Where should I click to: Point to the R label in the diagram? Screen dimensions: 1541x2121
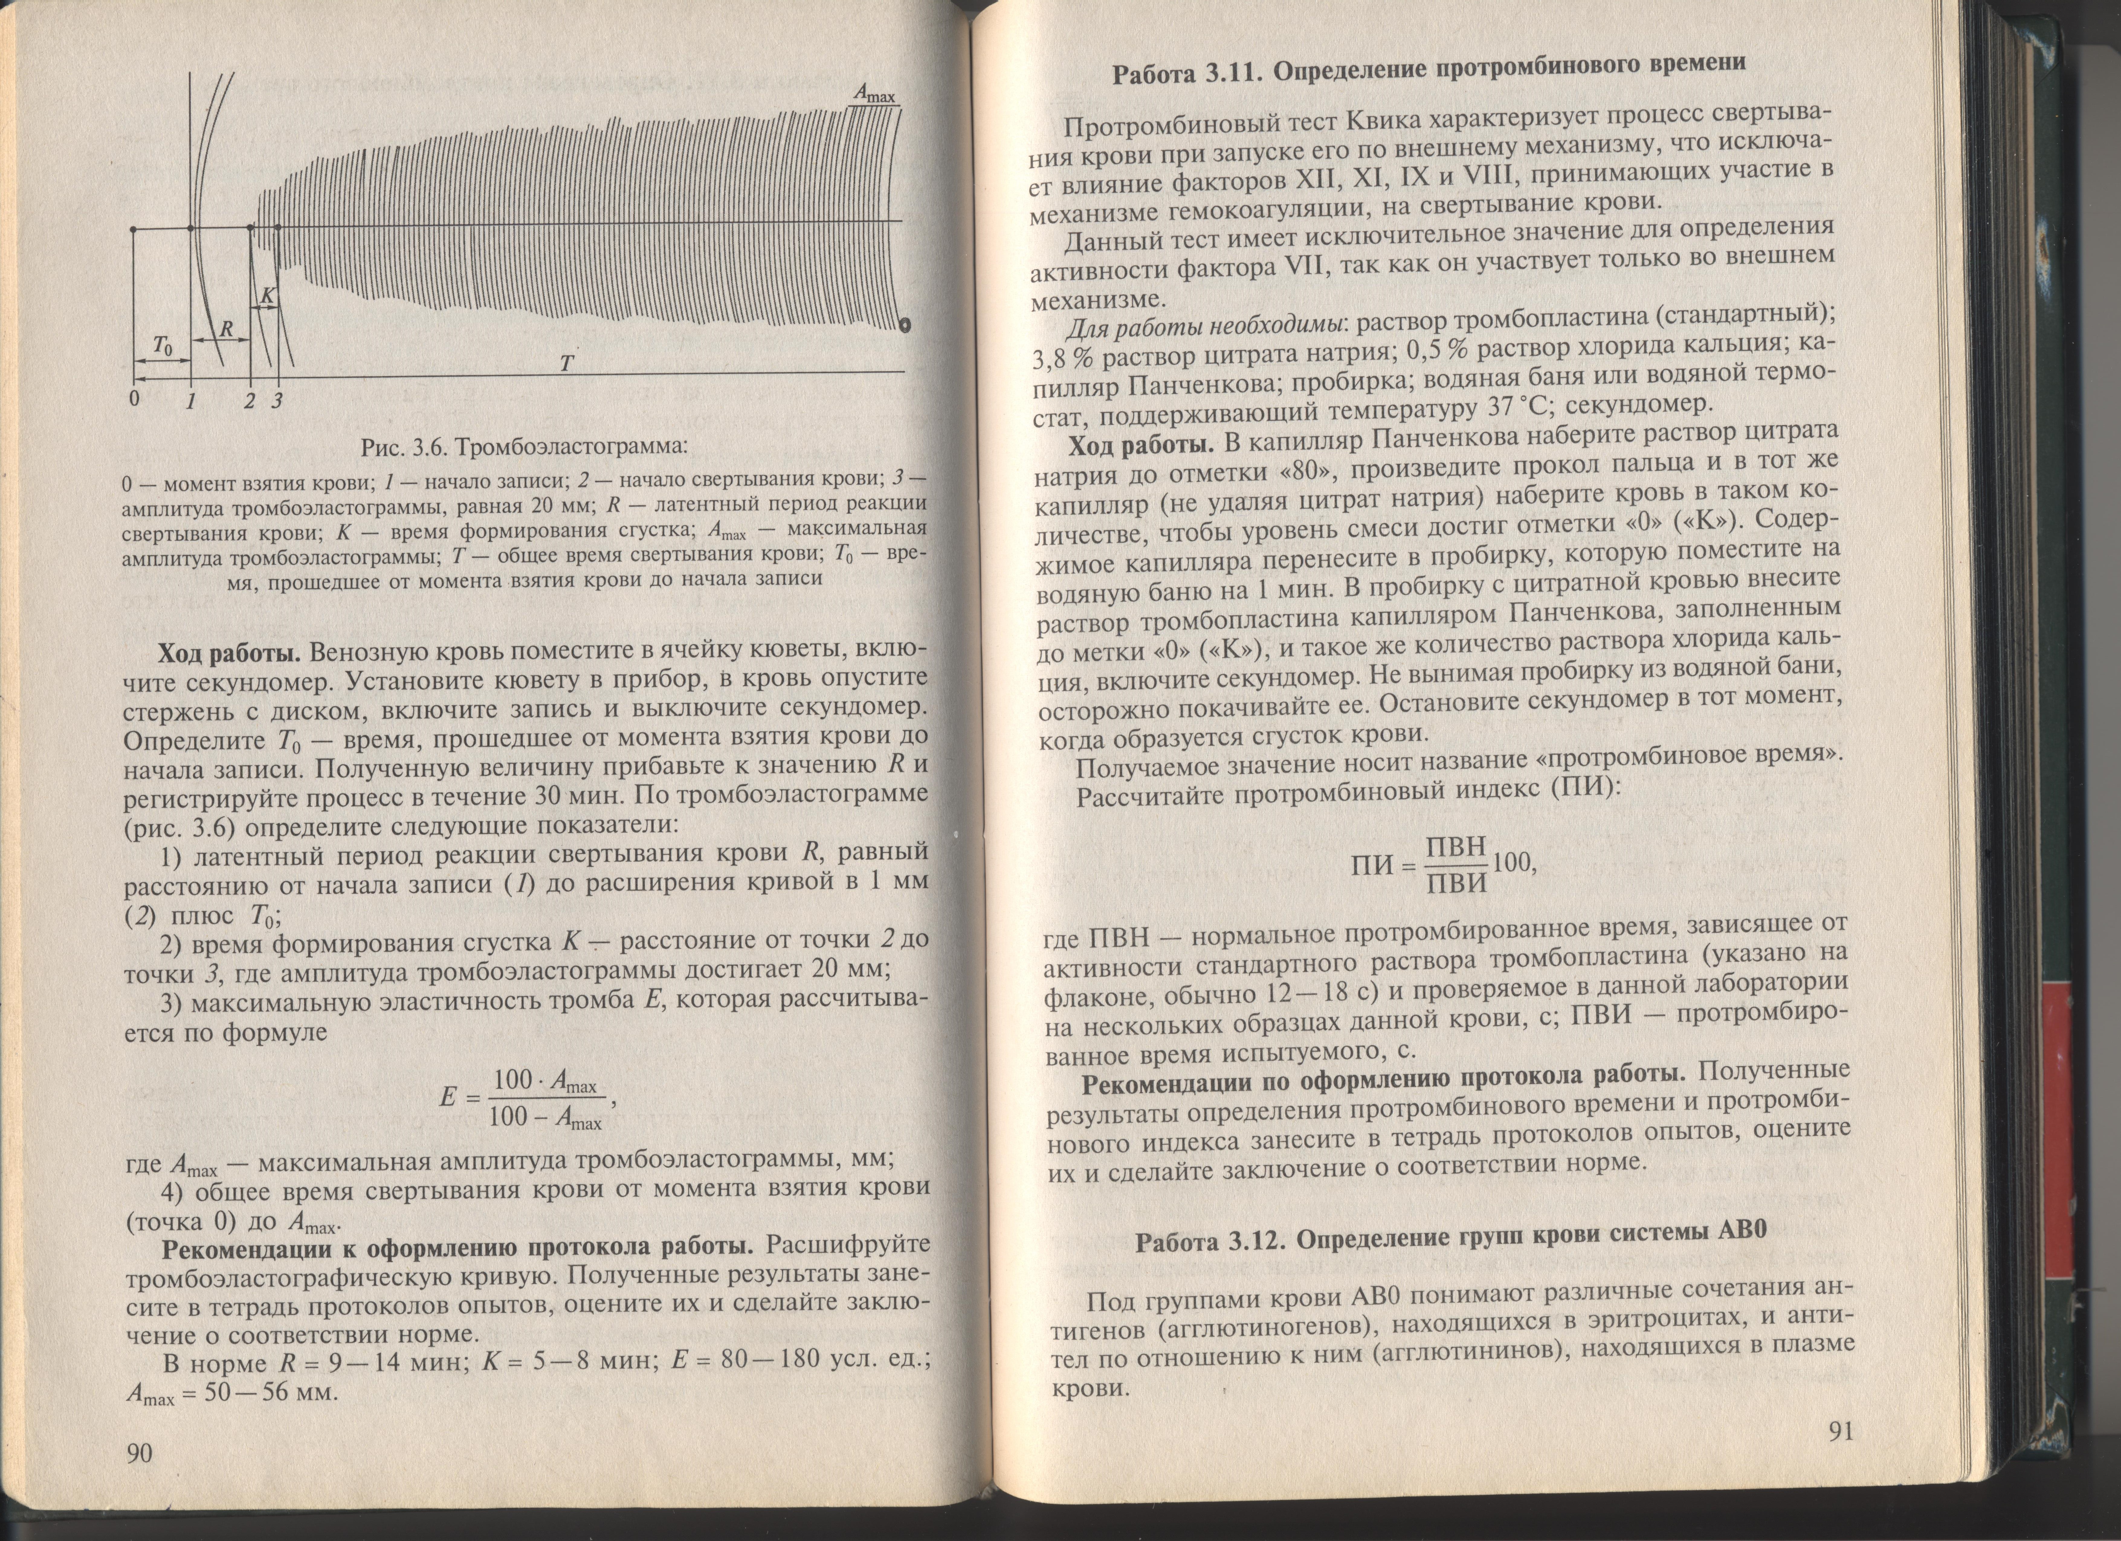tap(226, 329)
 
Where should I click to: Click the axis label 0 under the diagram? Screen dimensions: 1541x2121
tap(135, 399)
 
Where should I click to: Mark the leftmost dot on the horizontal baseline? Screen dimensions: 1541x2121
tap(134, 228)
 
